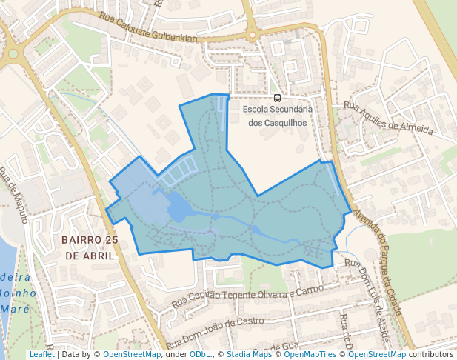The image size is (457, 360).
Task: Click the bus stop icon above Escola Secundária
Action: coord(277,98)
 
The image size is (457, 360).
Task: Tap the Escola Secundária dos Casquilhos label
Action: coord(277,116)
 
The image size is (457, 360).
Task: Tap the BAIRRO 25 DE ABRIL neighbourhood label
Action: coord(90,247)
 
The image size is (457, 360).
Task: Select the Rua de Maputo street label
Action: coord(14,196)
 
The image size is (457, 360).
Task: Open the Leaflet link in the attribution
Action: coord(41,354)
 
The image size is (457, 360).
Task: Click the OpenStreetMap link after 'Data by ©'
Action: coord(132,354)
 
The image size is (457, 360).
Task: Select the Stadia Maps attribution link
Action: coord(249,354)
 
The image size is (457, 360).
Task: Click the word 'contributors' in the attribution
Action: coord(432,354)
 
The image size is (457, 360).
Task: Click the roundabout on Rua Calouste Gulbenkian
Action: coord(252,33)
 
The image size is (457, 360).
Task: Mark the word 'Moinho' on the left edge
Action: coord(16,293)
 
